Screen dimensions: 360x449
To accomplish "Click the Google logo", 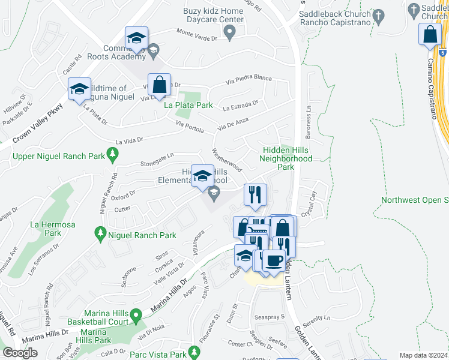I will [20, 353].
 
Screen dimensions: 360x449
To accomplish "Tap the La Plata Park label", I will [188, 105].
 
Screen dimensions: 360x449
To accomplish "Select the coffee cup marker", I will [274, 261].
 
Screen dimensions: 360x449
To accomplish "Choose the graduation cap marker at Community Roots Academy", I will [137, 37].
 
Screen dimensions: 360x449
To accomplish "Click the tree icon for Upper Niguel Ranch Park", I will [112, 156].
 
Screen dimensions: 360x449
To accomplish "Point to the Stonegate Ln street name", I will [158, 158].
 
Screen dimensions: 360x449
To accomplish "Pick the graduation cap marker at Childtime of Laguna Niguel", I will [79, 89].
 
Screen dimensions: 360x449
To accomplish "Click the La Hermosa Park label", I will [46, 229].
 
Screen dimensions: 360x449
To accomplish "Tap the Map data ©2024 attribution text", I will [423, 355].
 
